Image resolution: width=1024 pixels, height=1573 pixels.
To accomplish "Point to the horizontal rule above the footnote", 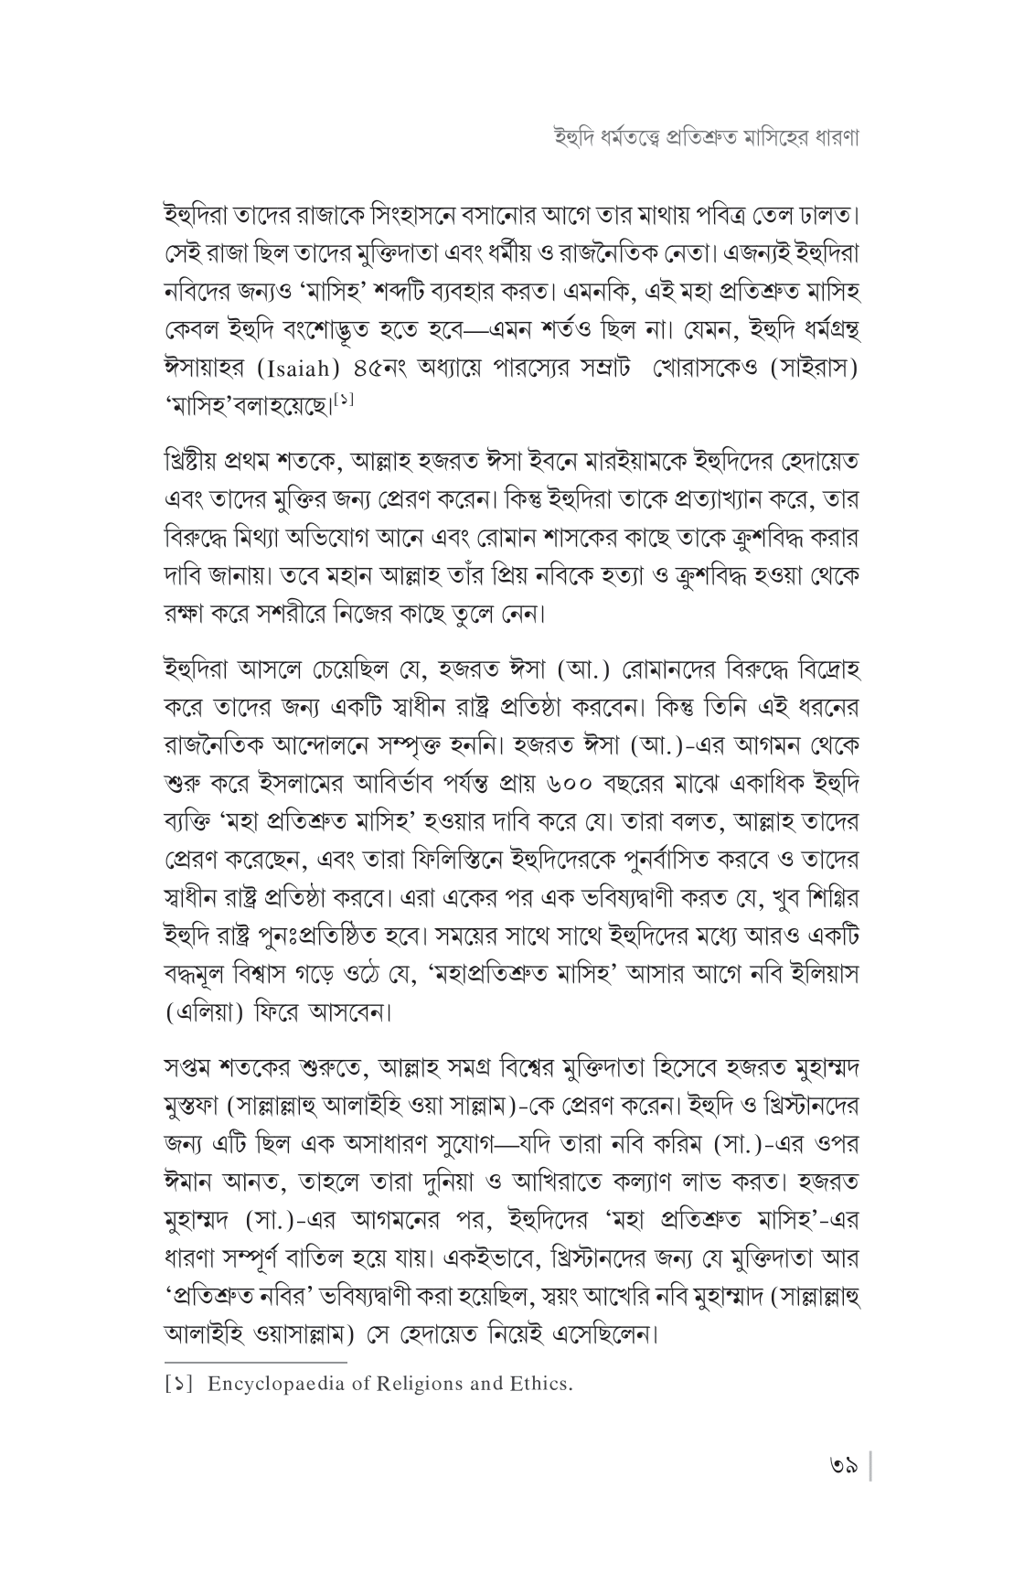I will pyautogui.click(x=256, y=1362).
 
